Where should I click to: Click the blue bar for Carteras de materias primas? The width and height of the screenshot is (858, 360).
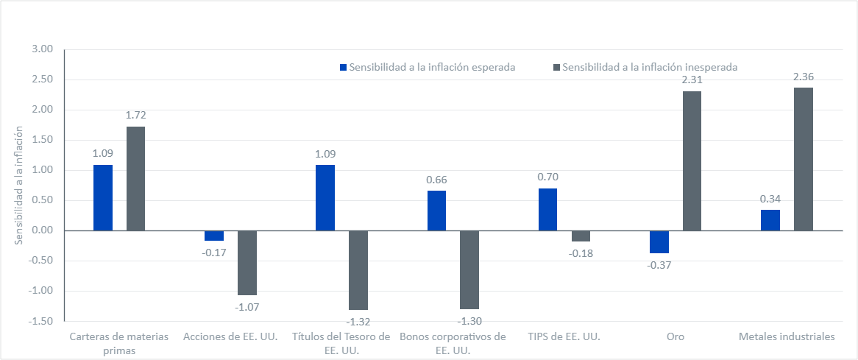[103, 197]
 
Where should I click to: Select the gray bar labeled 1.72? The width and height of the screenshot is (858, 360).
[135, 178]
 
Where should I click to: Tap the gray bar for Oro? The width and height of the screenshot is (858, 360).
[692, 160]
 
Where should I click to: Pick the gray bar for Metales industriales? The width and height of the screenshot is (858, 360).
[803, 159]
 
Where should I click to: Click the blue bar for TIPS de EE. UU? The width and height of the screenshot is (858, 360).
[547, 209]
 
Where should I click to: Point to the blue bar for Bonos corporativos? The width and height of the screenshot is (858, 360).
[436, 211]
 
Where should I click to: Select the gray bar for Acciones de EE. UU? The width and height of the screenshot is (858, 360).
[247, 263]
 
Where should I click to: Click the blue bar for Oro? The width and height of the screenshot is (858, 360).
[659, 241]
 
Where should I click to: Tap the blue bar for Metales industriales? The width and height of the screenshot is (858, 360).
[770, 220]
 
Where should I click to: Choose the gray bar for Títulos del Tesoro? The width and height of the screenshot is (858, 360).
[358, 270]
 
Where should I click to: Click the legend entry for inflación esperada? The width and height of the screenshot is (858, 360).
[427, 66]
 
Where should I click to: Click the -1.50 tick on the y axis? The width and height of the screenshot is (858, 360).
[43, 321]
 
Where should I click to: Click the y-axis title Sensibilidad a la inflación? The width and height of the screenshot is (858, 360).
[19, 185]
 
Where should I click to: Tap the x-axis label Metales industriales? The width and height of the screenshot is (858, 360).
[787, 336]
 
